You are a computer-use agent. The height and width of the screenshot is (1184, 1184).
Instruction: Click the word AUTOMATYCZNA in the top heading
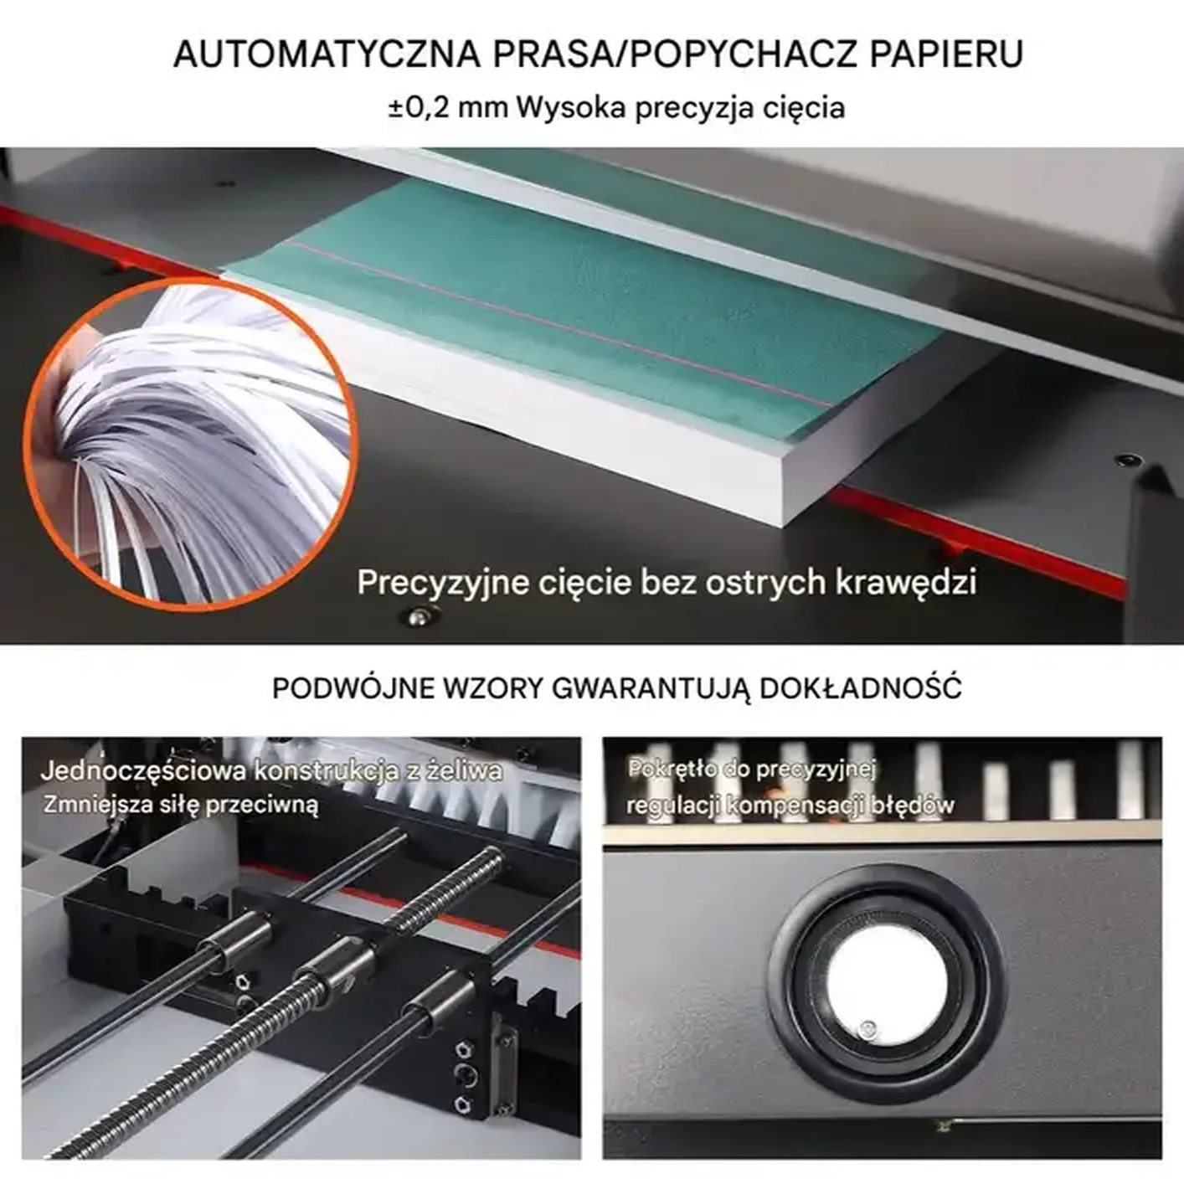[x=327, y=54]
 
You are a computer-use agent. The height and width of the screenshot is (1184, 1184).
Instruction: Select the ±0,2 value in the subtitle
[x=419, y=108]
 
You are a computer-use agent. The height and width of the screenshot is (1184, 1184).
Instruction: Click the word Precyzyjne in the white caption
[x=443, y=583]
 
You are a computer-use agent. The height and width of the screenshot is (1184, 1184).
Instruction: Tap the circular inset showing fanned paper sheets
[x=190, y=444]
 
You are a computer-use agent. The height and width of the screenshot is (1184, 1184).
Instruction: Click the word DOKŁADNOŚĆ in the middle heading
[x=860, y=688]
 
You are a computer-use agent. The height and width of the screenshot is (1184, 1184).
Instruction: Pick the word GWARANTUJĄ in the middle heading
[x=651, y=689]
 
